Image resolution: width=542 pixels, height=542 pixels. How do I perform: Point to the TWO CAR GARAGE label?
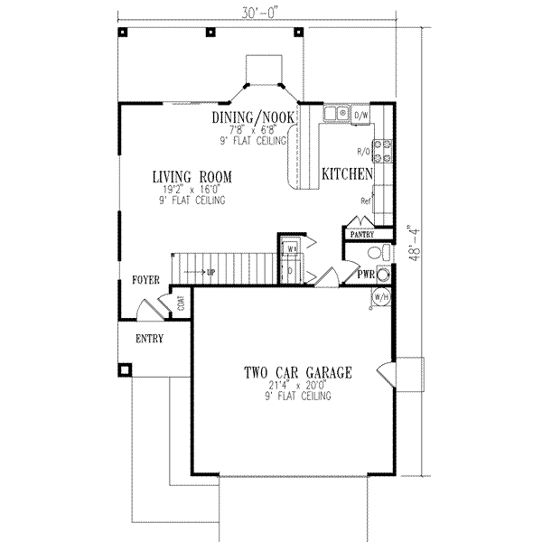click(x=297, y=372)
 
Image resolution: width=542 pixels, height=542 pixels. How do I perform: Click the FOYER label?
click(x=147, y=280)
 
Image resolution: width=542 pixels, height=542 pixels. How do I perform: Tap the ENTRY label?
click(x=149, y=340)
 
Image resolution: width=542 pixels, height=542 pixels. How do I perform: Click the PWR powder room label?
click(x=366, y=275)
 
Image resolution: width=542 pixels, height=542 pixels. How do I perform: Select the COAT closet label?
click(x=182, y=304)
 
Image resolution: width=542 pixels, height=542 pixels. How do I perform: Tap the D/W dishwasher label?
click(x=360, y=115)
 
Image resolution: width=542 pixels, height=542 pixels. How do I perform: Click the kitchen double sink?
click(x=338, y=115)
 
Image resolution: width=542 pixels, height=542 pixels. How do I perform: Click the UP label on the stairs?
click(x=210, y=271)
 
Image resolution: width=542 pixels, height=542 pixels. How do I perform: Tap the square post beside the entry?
click(x=125, y=368)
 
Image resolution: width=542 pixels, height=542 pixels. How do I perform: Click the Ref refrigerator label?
click(x=365, y=201)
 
